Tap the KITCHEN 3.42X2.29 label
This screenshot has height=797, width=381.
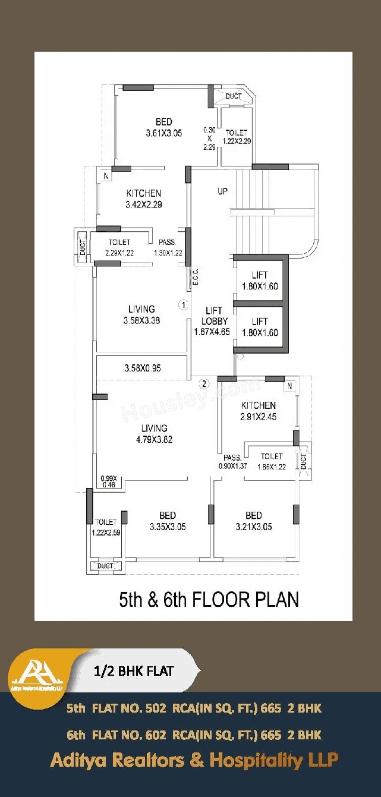[144, 199]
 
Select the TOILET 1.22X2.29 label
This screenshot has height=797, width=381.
[236, 137]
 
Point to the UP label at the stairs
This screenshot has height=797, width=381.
[223, 191]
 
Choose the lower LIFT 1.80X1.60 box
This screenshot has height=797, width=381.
[260, 327]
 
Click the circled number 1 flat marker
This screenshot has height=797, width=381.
[184, 305]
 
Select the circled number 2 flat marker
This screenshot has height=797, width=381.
[204, 383]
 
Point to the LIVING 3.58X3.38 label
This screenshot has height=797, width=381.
[141, 314]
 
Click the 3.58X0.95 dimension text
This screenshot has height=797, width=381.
[143, 368]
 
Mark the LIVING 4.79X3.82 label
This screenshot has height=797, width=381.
[154, 434]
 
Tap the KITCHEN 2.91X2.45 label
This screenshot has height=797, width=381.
[259, 411]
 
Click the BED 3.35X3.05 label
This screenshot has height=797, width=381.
[167, 521]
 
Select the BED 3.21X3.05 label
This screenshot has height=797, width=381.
[254, 521]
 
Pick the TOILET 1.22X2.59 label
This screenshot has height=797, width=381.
[106, 527]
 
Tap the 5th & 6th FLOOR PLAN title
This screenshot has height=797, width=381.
[209, 599]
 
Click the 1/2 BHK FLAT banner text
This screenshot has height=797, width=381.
[134, 671]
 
